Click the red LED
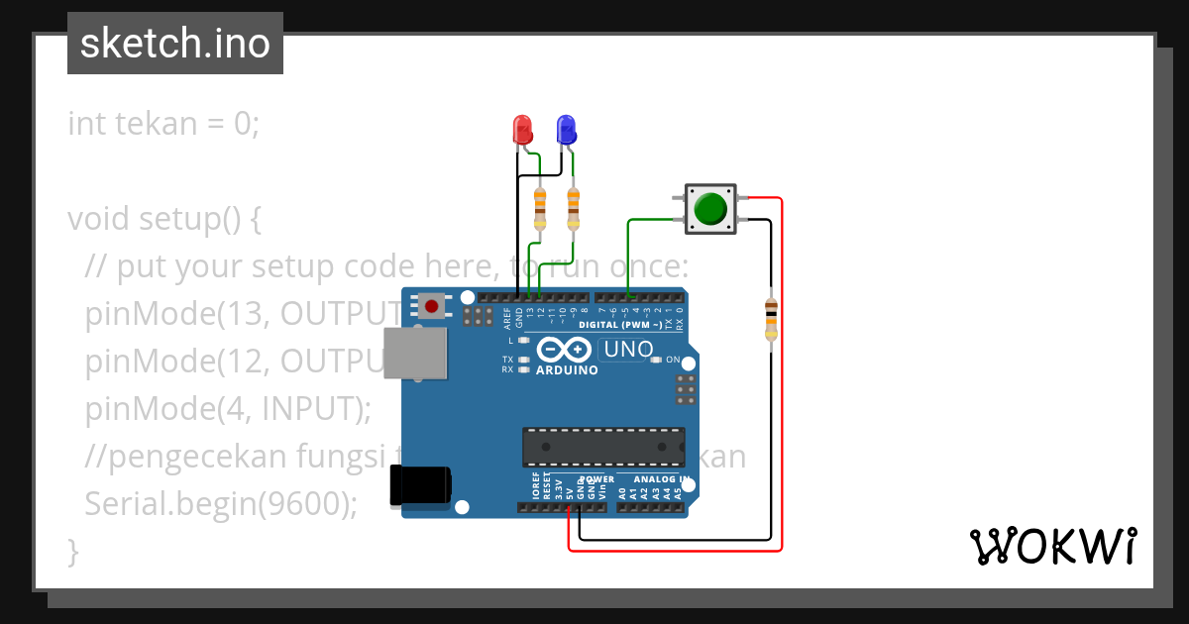pyautogui.click(x=521, y=129)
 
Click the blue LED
pyautogui.click(x=566, y=129)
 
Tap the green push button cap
pyautogui.click(x=710, y=209)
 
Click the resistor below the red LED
pyautogui.click(x=539, y=207)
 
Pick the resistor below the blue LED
pyautogui.click(x=573, y=207)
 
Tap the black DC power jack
pyautogui.click(x=420, y=484)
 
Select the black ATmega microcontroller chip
pyautogui.click(x=603, y=447)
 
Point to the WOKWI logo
pyautogui.click(x=1052, y=546)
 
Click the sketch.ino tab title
pyautogui.click(x=175, y=44)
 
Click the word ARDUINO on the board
pyautogui.click(x=567, y=370)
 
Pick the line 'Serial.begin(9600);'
pyautogui.click(x=221, y=503)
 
